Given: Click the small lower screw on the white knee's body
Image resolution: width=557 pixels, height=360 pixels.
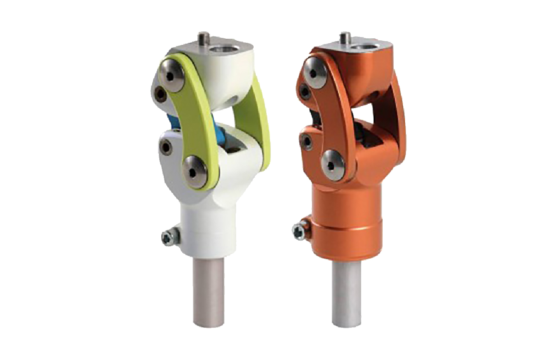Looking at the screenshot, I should [x=166, y=147].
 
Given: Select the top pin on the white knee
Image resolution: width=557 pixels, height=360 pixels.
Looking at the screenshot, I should [x=203, y=40].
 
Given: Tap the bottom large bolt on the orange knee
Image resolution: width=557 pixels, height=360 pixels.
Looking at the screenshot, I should [x=334, y=165].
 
